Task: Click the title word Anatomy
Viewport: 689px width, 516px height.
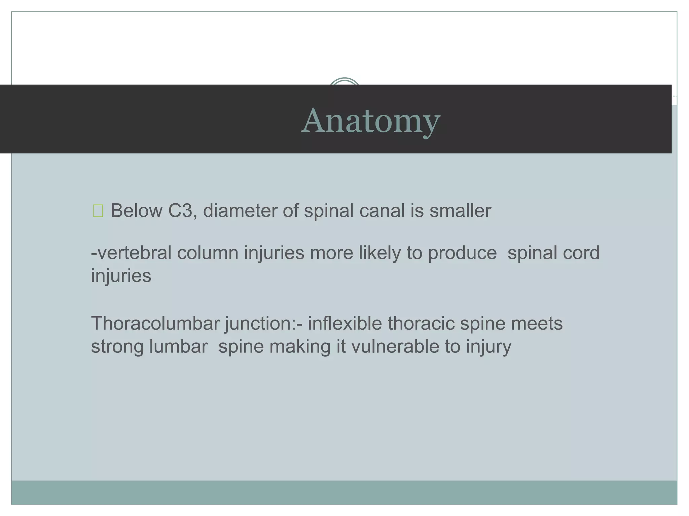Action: [370, 121]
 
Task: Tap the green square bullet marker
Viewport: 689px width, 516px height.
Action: [98, 211]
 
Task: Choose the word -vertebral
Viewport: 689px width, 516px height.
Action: [131, 253]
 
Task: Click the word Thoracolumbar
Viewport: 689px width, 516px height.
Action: [155, 324]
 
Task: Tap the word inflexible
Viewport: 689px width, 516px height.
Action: [345, 324]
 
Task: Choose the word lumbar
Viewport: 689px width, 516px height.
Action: [179, 347]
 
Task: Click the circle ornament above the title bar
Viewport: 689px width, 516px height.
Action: [344, 82]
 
